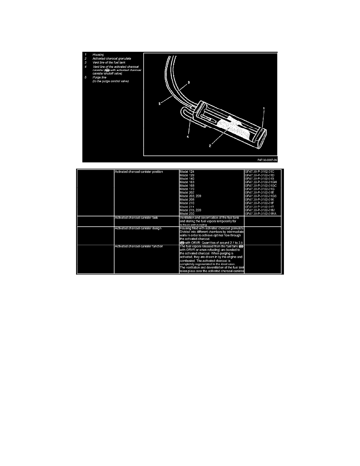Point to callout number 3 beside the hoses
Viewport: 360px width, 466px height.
189,83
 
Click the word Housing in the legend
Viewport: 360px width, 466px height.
98,54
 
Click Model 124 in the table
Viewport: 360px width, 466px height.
187,172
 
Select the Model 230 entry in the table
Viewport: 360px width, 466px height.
187,213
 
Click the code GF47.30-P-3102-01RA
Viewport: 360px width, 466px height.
260,213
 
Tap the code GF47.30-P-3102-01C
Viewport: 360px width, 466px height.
259,172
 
